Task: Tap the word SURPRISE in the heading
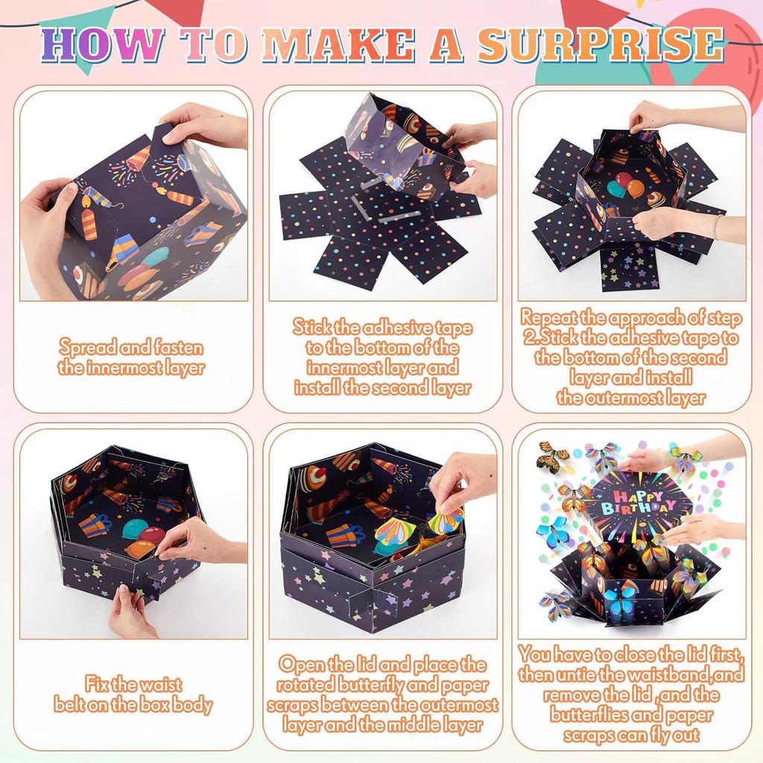point(601,45)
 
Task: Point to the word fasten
point(174,347)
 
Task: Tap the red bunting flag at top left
point(176,10)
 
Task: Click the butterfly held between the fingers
point(445,521)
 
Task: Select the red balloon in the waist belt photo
point(153,535)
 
